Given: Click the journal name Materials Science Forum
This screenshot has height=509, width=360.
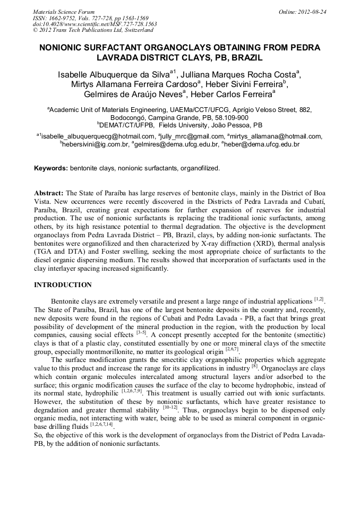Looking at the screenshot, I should (x=64, y=12).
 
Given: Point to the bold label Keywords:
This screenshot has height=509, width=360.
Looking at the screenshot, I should (x=51, y=168).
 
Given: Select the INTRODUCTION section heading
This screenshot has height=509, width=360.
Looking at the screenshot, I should (x=63, y=285).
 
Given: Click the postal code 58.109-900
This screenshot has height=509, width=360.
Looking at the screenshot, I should (x=226, y=117).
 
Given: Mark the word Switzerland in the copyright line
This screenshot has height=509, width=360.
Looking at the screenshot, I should (x=136, y=30).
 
